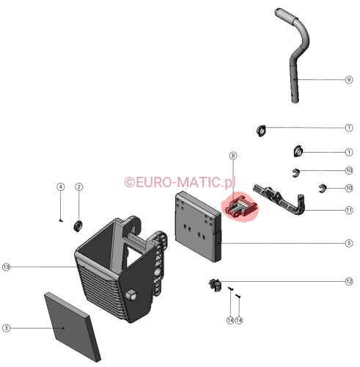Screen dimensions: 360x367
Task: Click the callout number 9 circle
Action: point(349,80)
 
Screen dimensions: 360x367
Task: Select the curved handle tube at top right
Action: point(295,73)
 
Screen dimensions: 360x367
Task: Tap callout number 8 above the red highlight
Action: point(233,156)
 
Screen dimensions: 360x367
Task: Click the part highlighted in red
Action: point(241,207)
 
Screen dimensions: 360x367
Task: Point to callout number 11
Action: point(349,210)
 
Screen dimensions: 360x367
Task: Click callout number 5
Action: point(349,243)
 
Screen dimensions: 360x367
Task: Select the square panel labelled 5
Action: point(198,227)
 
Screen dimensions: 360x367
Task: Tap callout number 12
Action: point(349,281)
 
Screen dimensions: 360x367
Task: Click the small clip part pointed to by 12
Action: point(215,285)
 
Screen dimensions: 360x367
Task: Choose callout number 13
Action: point(6,267)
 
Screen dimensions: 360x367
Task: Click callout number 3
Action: point(6,328)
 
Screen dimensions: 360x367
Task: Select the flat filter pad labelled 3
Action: point(73,327)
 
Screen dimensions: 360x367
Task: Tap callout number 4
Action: point(61,187)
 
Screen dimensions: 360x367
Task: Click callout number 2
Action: point(78,187)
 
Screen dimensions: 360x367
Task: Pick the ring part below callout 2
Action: point(78,226)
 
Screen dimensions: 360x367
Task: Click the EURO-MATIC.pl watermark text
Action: point(180,182)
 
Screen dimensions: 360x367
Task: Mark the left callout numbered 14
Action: point(230,320)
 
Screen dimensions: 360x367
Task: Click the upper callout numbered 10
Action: point(349,170)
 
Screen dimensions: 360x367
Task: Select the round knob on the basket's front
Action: point(131,295)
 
